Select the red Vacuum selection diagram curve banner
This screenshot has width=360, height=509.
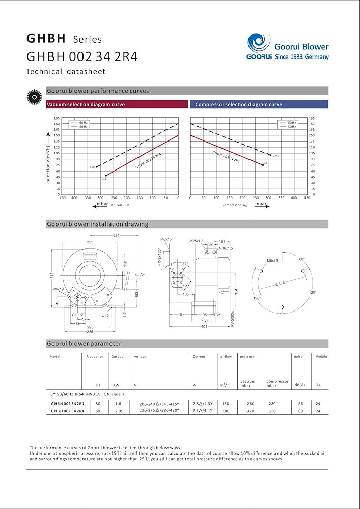[x=117, y=104]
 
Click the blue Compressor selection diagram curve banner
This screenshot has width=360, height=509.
[x=260, y=104]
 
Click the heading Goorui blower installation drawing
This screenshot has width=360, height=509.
[x=97, y=224]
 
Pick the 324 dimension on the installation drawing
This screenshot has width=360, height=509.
[x=116, y=235]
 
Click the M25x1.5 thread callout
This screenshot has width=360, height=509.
[x=196, y=240]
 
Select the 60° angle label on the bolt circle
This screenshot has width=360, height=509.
[x=302, y=259]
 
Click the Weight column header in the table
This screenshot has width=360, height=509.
[x=321, y=357]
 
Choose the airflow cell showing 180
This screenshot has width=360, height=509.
[x=226, y=411]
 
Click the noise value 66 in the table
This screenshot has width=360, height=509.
[x=300, y=403]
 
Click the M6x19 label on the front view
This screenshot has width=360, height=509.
[x=58, y=289]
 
